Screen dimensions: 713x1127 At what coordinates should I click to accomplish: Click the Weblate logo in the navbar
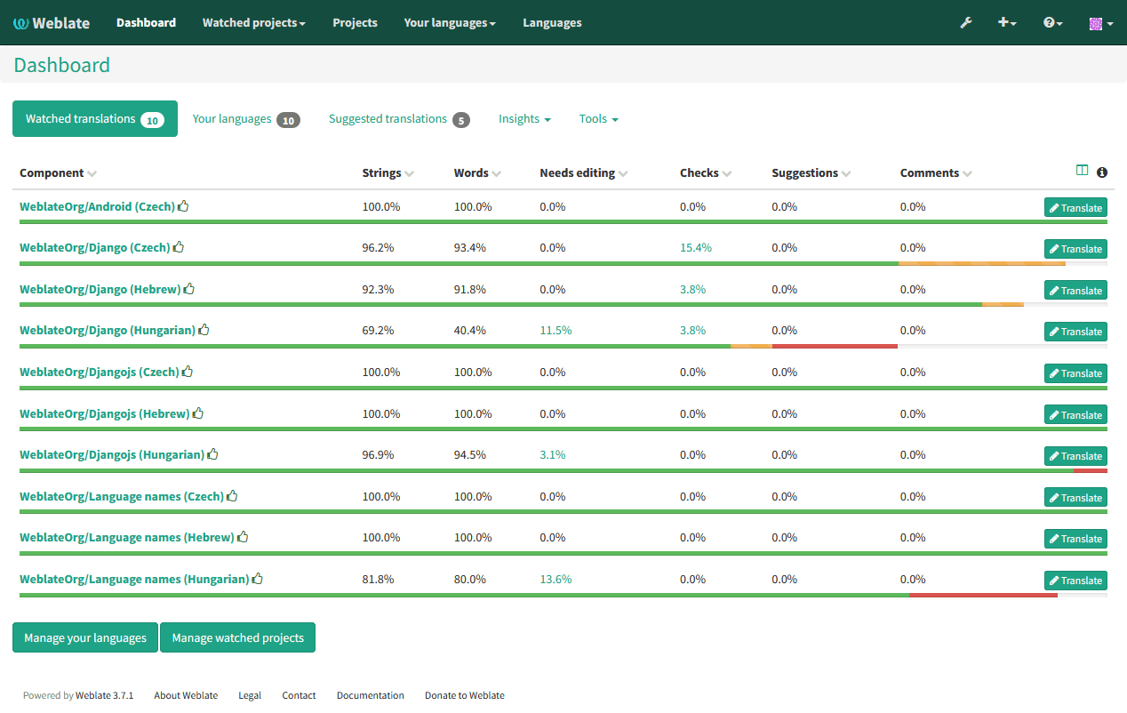(52, 23)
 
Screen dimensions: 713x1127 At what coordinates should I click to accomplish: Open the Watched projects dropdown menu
(253, 23)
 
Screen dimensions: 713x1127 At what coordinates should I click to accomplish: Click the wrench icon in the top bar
(966, 23)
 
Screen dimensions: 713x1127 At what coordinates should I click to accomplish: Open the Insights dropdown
(524, 119)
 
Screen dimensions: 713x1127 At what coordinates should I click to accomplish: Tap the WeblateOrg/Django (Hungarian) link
(108, 330)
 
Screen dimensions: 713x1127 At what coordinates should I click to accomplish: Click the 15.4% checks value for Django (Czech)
(696, 248)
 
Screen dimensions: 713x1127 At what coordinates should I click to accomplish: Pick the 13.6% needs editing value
(556, 579)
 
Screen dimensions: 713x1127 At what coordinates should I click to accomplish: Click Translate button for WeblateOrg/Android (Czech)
(1075, 208)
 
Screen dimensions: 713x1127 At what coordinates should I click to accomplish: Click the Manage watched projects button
(237, 637)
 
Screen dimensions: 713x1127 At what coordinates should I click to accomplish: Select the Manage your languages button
(85, 637)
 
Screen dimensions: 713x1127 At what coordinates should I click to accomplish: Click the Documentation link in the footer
(370, 695)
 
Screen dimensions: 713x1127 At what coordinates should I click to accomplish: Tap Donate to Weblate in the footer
(464, 695)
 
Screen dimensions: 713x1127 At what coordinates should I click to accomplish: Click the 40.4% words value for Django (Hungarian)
(470, 331)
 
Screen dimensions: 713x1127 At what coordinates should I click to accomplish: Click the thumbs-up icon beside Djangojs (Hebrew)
(198, 413)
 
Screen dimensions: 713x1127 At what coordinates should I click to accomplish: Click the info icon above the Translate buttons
(1102, 172)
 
